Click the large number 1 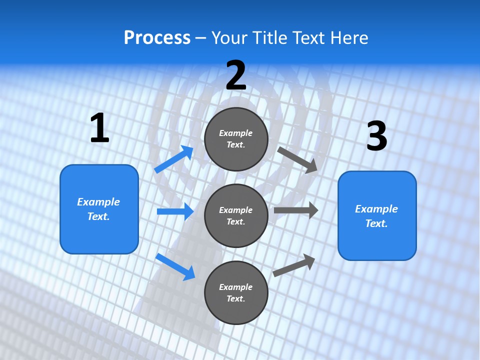99,128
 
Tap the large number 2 236,75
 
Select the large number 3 377,136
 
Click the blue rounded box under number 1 99,209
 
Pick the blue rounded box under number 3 377,215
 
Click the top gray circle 236,139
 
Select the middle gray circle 236,215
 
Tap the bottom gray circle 236,292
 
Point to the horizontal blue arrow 175,211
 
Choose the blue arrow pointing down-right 175,266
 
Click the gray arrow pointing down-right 297,159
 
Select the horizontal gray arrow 296,210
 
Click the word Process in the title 157,38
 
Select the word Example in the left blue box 98,202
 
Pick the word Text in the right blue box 376,223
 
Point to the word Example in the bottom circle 236,287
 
